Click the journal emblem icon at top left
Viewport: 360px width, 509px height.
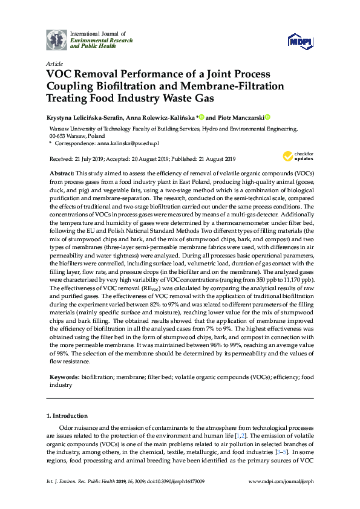57,40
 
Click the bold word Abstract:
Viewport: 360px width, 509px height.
61,173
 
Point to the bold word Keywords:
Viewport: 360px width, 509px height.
64,377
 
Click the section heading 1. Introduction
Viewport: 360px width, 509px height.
67,417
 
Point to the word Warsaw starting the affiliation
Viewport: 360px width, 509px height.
58,129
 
